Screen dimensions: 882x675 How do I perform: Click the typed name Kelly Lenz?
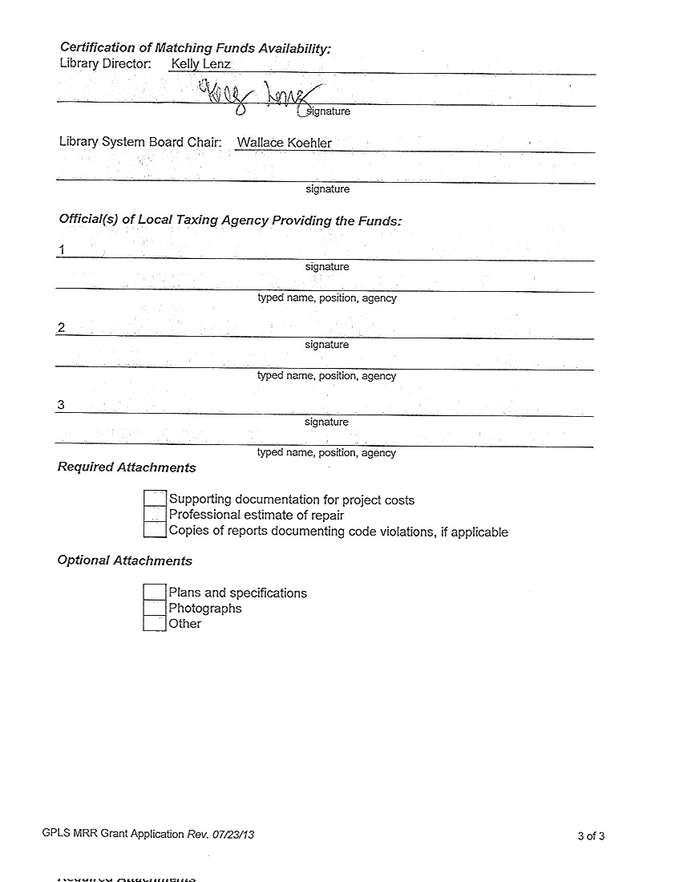click(x=200, y=63)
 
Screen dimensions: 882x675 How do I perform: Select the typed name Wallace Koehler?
click(x=284, y=143)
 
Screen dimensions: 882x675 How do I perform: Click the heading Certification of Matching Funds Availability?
click(x=195, y=48)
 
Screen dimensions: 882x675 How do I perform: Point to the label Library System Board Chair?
click(x=140, y=142)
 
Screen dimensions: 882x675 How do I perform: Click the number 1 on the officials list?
click(x=61, y=250)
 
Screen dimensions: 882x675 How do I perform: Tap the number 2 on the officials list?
click(x=61, y=327)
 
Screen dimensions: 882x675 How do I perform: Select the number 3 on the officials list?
click(x=61, y=405)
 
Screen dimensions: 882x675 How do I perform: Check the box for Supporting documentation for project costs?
click(x=155, y=499)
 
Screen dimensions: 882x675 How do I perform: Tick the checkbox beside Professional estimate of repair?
click(x=155, y=515)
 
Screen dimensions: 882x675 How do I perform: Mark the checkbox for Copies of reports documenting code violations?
click(x=155, y=530)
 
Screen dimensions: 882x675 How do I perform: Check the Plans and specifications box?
click(x=155, y=592)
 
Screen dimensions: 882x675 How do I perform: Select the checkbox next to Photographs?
click(x=155, y=608)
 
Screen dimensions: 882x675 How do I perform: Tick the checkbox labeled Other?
click(x=155, y=623)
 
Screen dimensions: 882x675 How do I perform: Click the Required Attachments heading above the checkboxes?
click(x=127, y=467)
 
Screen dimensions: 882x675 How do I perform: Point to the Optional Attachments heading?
click(x=124, y=560)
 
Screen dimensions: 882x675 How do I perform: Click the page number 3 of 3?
click(x=591, y=836)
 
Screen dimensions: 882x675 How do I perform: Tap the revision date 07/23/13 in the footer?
click(x=233, y=834)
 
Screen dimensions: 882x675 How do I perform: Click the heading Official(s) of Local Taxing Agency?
click(x=230, y=220)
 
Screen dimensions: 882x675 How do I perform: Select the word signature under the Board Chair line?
click(x=327, y=189)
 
